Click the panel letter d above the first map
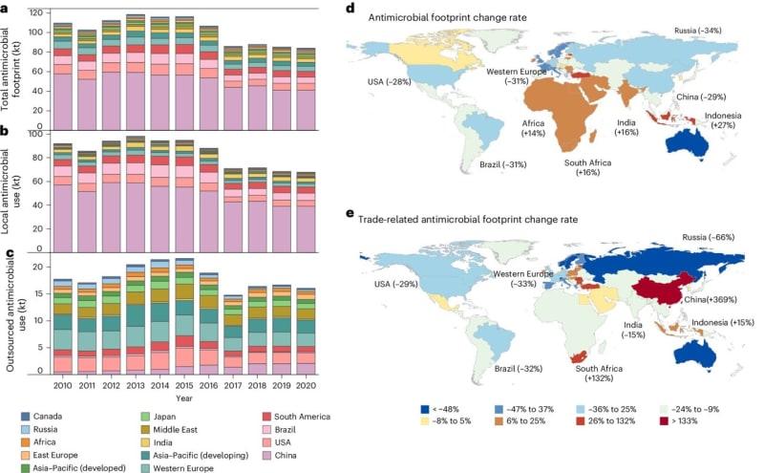tap(350, 8)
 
